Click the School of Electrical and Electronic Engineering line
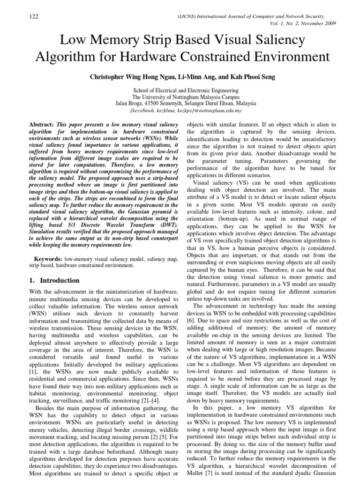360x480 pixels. point(186,90)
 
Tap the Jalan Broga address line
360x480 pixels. point(186,103)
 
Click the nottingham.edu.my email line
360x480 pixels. point(186,111)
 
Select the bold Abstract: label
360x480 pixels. point(41,125)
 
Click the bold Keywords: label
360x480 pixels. point(49,259)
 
